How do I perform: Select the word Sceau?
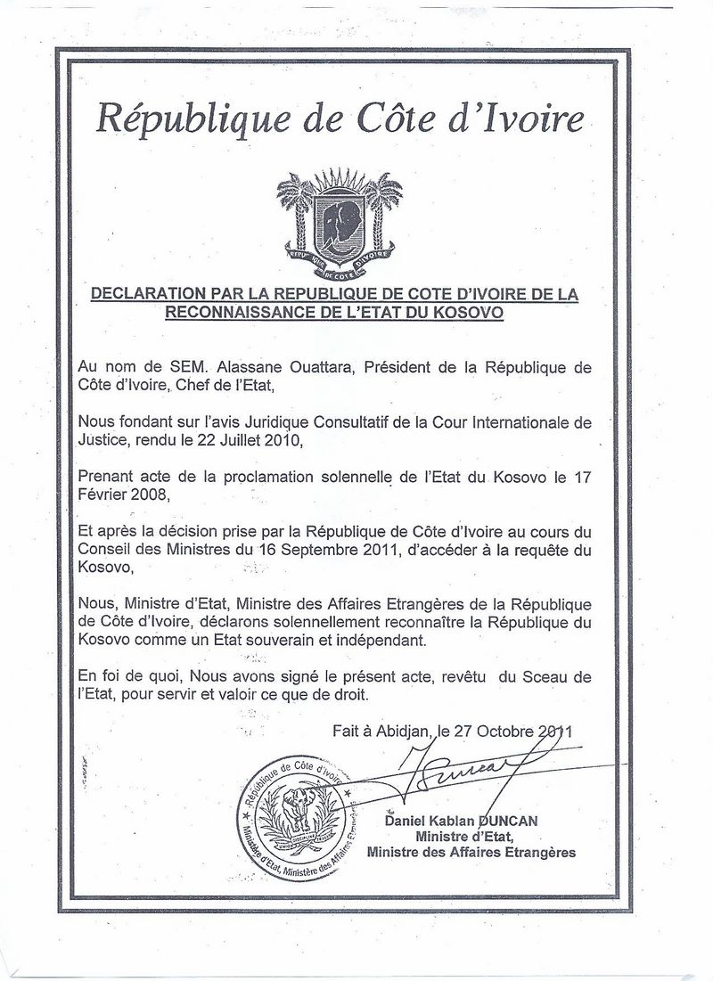tap(547, 676)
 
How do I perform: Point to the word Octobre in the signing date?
tap(504, 730)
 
